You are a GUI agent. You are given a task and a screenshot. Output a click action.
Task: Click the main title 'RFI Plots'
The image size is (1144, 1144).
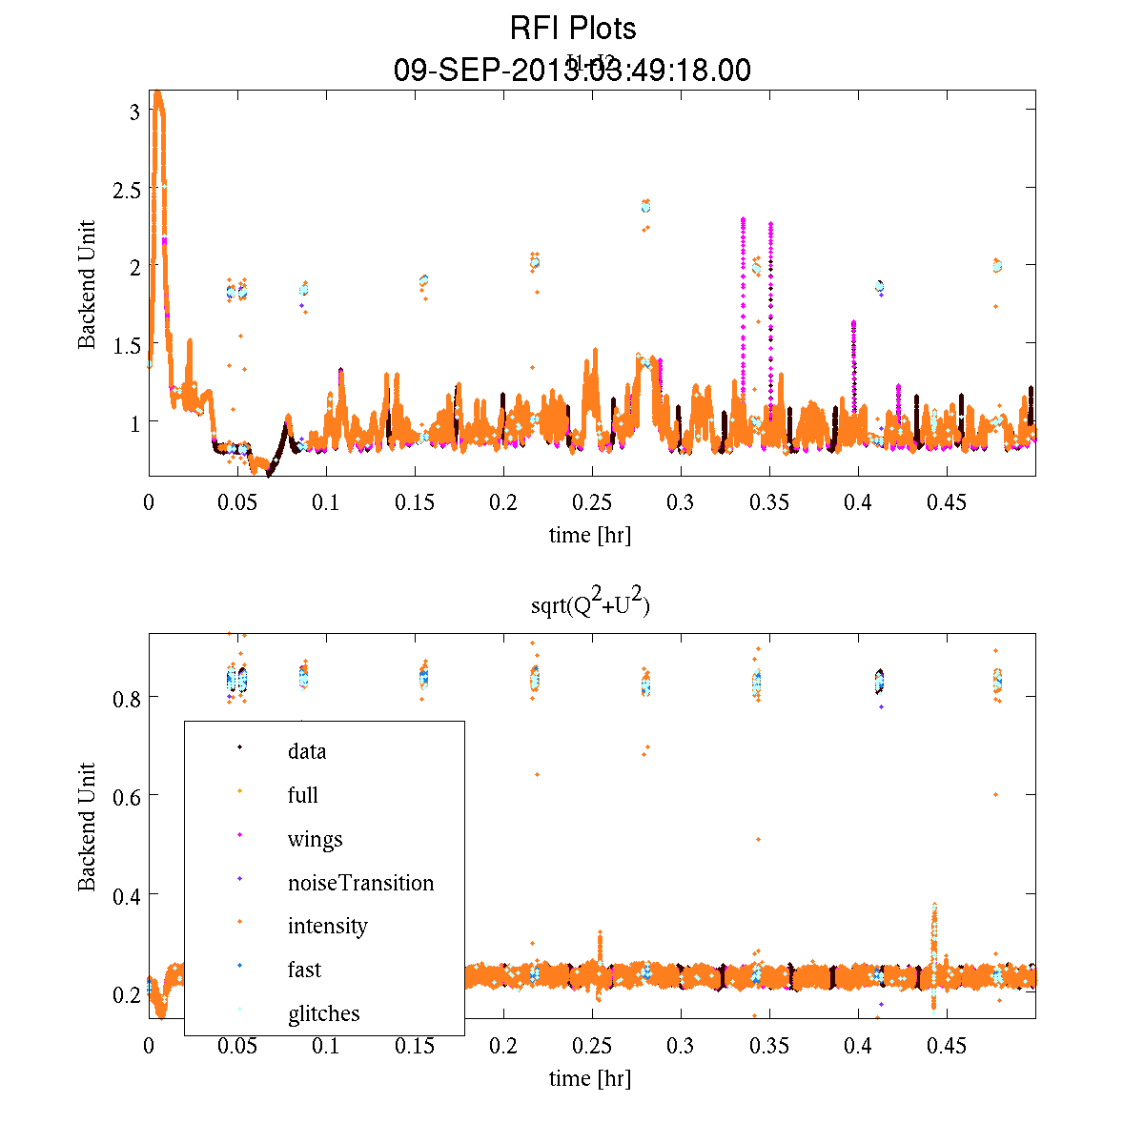pyautogui.click(x=572, y=29)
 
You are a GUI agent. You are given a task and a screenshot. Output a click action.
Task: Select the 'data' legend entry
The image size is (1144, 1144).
pyautogui.click(x=307, y=751)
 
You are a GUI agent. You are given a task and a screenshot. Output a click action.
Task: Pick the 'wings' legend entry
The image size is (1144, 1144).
pyautogui.click(x=315, y=839)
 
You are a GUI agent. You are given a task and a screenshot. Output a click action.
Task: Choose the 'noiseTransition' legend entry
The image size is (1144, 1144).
pyautogui.click(x=360, y=883)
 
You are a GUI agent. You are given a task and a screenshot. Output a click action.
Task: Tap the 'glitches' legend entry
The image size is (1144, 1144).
pyautogui.click(x=323, y=1013)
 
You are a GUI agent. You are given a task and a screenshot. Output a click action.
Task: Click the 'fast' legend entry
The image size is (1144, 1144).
pyautogui.click(x=304, y=970)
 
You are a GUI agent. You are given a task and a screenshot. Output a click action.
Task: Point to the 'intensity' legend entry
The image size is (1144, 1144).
pyautogui.click(x=327, y=926)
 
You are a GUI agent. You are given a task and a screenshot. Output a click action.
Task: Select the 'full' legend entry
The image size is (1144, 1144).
pyautogui.click(x=303, y=795)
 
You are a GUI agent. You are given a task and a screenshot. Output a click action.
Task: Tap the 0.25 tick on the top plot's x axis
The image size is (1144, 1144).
pyautogui.click(x=592, y=502)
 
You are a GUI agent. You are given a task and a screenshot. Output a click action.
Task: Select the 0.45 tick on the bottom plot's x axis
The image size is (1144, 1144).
pyautogui.click(x=947, y=1046)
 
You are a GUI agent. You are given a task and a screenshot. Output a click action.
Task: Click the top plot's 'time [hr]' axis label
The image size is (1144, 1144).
pyautogui.click(x=590, y=535)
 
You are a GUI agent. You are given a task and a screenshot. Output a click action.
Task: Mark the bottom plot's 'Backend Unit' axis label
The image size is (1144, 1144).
pyautogui.click(x=87, y=827)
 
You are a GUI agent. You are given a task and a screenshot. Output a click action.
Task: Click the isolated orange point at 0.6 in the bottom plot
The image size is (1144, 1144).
pyautogui.click(x=995, y=794)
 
